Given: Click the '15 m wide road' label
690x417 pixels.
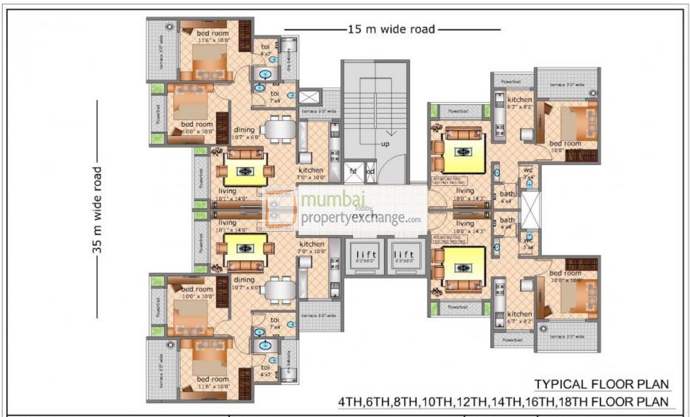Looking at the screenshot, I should (x=391, y=29).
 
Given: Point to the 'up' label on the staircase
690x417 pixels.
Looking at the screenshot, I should (x=385, y=144).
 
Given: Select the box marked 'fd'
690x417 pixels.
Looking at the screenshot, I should (x=353, y=171).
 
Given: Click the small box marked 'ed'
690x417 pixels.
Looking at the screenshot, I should (x=370, y=171).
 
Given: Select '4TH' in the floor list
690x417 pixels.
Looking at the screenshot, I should (x=354, y=402).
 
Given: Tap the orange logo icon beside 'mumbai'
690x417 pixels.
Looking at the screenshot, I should (x=279, y=208).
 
